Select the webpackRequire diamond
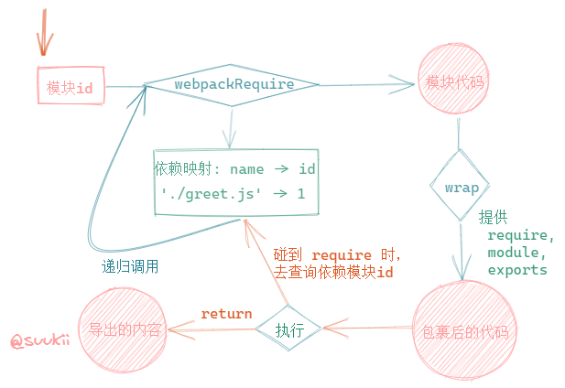(234, 85)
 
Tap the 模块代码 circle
(454, 82)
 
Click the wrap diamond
(462, 187)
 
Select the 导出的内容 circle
(125, 330)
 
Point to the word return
(226, 314)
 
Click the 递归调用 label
(129, 267)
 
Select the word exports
(517, 270)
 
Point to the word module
(517, 252)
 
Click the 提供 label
(493, 217)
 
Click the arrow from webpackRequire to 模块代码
(366, 87)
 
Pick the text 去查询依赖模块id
(333, 273)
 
